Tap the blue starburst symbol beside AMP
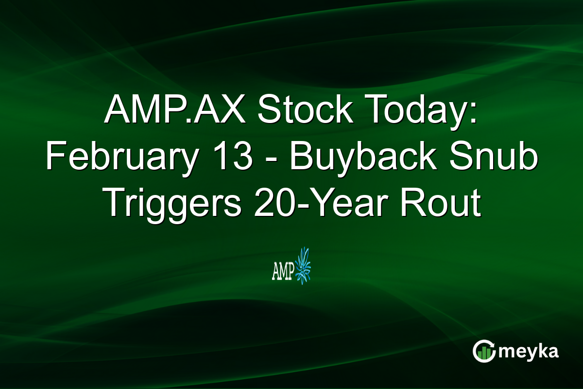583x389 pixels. [303, 266]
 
